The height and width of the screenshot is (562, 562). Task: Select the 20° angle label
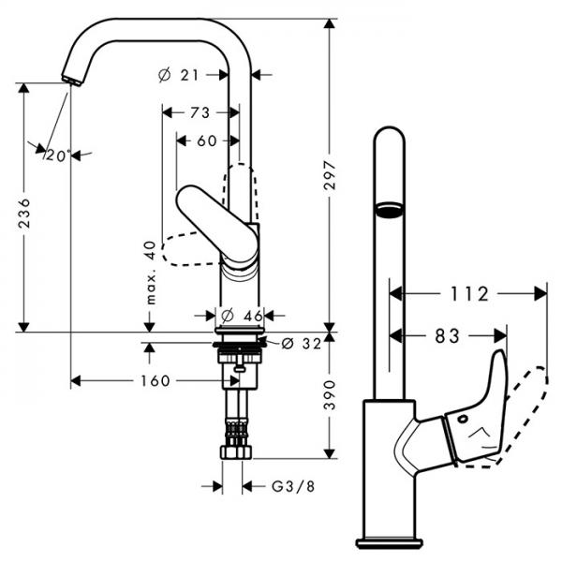[57, 155]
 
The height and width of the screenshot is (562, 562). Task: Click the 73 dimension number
[199, 112]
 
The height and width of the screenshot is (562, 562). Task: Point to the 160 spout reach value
[155, 380]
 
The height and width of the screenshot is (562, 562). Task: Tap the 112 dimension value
[467, 294]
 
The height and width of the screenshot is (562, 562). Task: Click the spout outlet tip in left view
[68, 80]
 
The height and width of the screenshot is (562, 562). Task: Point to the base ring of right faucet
[389, 541]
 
